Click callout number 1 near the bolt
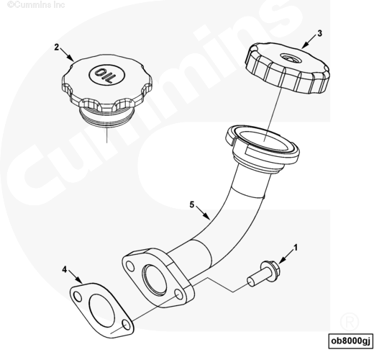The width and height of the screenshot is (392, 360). pyautogui.click(x=296, y=248)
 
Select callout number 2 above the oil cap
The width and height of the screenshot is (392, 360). pyautogui.click(x=57, y=47)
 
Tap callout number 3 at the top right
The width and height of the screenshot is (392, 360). pyautogui.click(x=320, y=33)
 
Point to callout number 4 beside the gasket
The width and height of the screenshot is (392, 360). pyautogui.click(x=65, y=269)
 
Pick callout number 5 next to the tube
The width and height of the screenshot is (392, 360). pyautogui.click(x=192, y=204)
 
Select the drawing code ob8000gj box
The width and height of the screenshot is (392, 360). pyautogui.click(x=350, y=341)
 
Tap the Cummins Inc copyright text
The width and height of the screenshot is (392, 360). pyautogui.click(x=36, y=4)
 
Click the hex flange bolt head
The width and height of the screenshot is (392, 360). pyautogui.click(x=270, y=268)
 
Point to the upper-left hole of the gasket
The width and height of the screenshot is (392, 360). pyautogui.click(x=78, y=297)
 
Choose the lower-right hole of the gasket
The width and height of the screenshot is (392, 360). pyautogui.click(x=127, y=325)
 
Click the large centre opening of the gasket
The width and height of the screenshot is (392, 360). pyautogui.click(x=101, y=310)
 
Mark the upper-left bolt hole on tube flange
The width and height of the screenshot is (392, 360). pyautogui.click(x=130, y=266)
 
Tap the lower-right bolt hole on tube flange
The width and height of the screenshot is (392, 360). pyautogui.click(x=179, y=294)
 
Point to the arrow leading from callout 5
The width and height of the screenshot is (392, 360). pyautogui.click(x=203, y=213)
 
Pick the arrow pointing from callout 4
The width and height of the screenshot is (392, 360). pyautogui.click(x=76, y=276)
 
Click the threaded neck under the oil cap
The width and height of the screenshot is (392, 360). pyautogui.click(x=106, y=117)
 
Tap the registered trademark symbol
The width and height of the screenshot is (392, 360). pyautogui.click(x=350, y=322)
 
